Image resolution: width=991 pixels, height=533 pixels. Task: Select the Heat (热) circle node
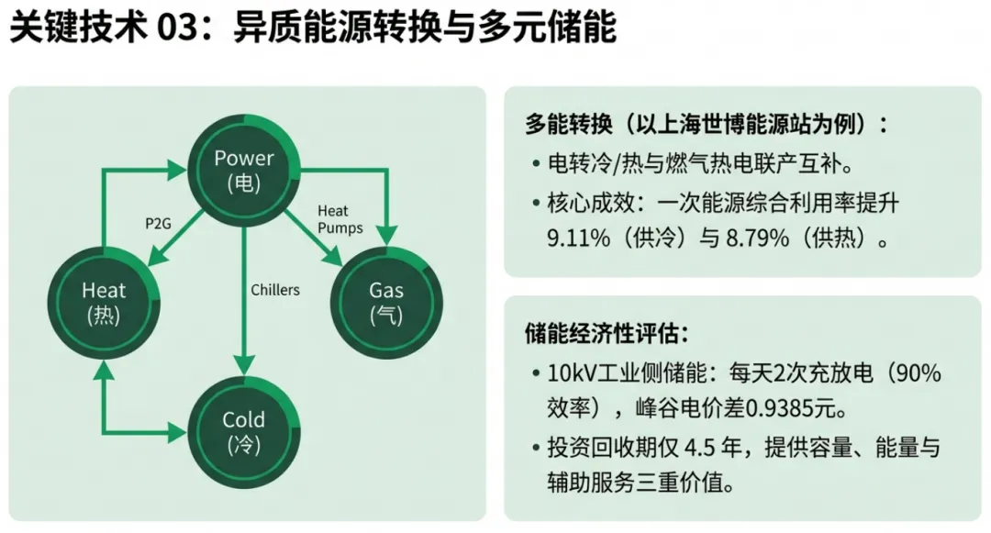104,303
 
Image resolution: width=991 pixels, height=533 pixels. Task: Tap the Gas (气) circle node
386,303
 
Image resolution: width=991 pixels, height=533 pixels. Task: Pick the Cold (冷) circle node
243,432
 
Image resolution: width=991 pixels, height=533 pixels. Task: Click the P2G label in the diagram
159,223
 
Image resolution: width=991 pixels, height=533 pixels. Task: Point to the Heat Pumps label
340,220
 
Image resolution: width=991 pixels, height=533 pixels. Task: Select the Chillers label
275,290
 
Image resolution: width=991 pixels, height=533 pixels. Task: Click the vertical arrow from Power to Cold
243,294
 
